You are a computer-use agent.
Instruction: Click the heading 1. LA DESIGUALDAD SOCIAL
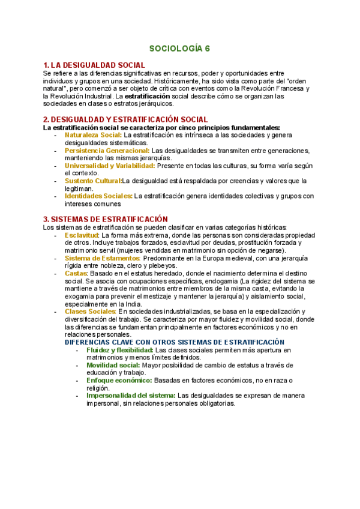(94, 65)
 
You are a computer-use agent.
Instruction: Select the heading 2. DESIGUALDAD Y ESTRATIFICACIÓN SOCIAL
(126, 119)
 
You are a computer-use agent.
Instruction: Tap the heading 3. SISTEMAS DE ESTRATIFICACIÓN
(106, 219)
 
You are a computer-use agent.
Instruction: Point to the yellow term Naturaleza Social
(93, 135)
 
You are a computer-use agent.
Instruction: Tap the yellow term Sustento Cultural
(92, 181)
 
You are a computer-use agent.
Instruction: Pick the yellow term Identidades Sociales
(98, 196)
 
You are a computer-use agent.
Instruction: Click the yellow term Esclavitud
(82, 235)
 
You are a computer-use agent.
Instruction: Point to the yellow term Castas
(76, 273)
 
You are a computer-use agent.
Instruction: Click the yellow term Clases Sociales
(90, 312)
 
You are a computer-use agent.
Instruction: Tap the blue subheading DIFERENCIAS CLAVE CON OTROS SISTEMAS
(175, 342)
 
